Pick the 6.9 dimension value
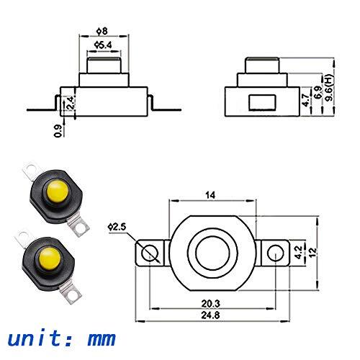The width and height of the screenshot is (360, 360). click(318, 94)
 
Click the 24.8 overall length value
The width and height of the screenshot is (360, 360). click(211, 317)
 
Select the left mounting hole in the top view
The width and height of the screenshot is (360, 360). click(150, 253)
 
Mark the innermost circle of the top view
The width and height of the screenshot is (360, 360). click(212, 252)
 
